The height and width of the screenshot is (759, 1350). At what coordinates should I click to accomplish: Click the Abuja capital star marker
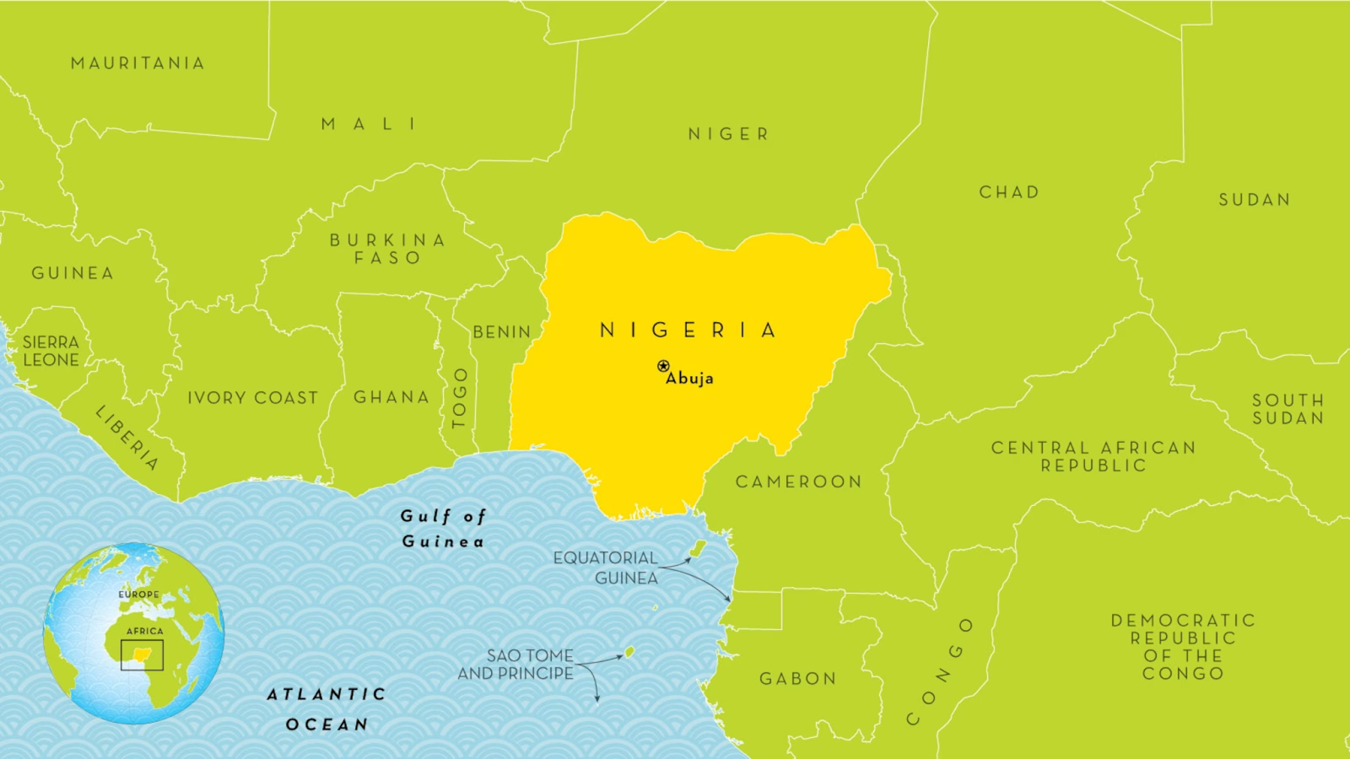[x=663, y=366]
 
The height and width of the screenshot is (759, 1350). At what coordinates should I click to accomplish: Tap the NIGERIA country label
[x=688, y=330]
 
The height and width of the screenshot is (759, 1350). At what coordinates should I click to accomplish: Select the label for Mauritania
[x=138, y=63]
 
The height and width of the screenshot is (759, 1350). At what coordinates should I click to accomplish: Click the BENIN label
[x=502, y=332]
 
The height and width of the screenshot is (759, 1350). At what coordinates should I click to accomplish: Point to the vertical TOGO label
[x=460, y=398]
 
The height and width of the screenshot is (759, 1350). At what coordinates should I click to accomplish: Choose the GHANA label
[x=391, y=397]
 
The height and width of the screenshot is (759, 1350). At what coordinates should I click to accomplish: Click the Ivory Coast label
[x=252, y=398]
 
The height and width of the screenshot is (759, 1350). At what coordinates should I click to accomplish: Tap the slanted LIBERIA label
[x=127, y=437]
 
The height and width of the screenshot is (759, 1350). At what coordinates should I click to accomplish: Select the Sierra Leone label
[x=51, y=351]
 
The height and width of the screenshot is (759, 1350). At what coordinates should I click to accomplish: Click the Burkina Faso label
[x=387, y=249]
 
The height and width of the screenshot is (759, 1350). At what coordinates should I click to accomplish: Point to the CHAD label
[x=1009, y=192]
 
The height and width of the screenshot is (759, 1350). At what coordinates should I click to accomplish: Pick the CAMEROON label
[x=798, y=482]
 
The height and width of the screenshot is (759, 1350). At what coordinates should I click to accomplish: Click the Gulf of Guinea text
[x=443, y=529]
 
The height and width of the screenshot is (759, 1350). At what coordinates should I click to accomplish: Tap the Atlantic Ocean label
[x=327, y=709]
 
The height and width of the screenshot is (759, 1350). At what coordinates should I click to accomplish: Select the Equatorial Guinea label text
[x=606, y=568]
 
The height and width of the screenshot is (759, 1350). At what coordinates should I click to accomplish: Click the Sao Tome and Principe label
[x=516, y=665]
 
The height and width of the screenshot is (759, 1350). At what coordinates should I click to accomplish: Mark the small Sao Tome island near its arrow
[x=629, y=652]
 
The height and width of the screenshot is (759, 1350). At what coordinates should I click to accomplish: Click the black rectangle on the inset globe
[x=142, y=655]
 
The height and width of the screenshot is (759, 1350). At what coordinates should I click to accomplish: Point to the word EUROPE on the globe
[x=138, y=595]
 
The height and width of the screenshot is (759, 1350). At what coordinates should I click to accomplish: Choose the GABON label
[x=797, y=679]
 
